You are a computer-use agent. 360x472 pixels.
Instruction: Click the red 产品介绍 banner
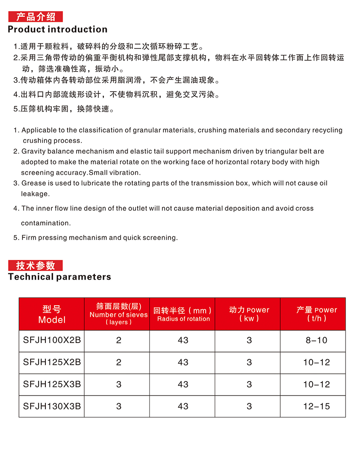point(36,17)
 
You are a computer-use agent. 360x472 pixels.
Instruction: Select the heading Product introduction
point(58,30)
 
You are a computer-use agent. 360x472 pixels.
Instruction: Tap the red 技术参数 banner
point(36,265)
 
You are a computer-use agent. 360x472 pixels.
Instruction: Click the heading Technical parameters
point(59,277)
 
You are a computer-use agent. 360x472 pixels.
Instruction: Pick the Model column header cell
point(52,314)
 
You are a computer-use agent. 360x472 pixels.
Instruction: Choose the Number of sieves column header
point(118,314)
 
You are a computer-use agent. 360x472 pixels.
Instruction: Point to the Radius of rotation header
point(183,314)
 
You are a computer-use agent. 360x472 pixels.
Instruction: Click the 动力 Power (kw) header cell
point(249,314)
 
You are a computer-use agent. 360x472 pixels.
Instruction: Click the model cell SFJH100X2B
point(52,340)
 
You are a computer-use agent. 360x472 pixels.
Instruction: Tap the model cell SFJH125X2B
point(52,362)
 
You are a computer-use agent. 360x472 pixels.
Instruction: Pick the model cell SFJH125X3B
point(52,384)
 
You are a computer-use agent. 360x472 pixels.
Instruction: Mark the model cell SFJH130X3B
point(52,406)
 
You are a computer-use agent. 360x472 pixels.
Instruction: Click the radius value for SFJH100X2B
point(183,340)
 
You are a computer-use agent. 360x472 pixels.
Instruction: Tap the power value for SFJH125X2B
point(249,362)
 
